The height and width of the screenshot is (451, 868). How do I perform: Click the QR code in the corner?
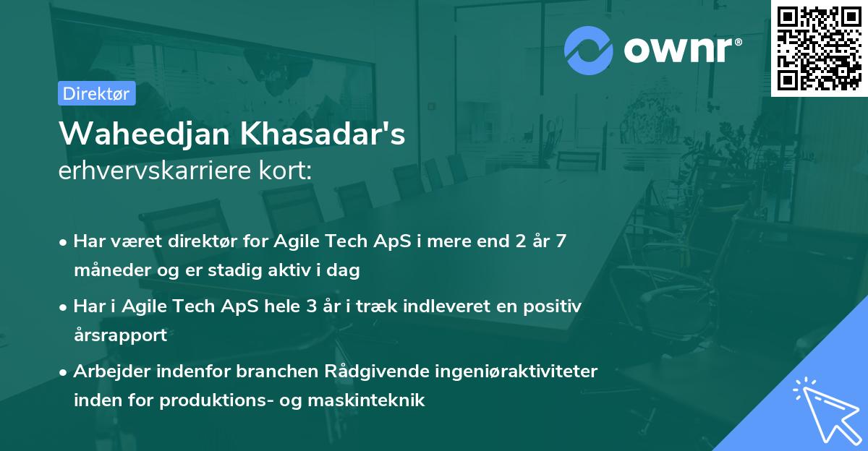[819, 48]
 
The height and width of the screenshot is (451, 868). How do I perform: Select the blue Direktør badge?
[96, 93]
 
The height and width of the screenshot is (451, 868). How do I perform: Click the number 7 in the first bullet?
[560, 241]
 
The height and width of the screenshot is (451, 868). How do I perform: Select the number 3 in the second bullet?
[311, 306]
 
